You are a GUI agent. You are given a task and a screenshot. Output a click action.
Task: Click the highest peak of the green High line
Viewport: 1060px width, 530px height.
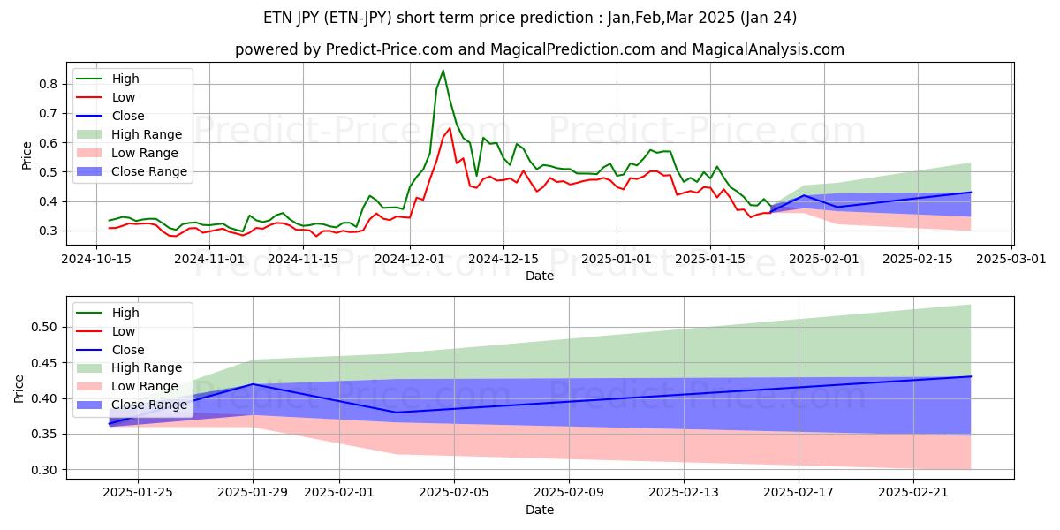(x=443, y=71)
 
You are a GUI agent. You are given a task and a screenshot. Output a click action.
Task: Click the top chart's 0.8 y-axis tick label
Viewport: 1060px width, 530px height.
(x=49, y=84)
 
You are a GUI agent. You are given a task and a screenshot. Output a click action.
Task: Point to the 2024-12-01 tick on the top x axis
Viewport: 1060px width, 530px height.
(x=409, y=259)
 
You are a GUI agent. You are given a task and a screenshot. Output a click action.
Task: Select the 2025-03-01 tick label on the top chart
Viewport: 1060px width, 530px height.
(x=1011, y=259)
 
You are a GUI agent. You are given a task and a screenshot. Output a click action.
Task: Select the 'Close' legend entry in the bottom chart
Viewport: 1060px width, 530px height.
(x=129, y=350)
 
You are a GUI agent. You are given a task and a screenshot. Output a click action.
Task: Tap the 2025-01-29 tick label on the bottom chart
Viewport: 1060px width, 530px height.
(x=254, y=493)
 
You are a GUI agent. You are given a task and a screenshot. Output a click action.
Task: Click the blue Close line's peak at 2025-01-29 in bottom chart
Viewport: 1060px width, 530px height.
(x=254, y=384)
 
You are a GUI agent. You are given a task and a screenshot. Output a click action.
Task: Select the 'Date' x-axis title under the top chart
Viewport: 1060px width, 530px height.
(x=539, y=276)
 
